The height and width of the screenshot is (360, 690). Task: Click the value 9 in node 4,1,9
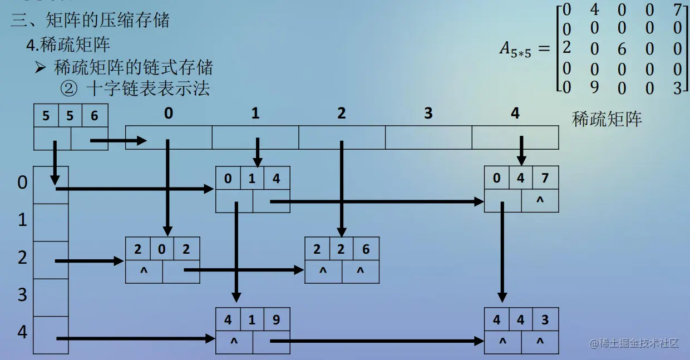pyautogui.click(x=277, y=320)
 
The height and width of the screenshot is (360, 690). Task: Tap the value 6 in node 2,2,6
pyautogui.click(x=366, y=249)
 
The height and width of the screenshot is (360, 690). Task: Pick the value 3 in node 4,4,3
pyautogui.click(x=545, y=320)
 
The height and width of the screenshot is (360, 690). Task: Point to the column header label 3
pyautogui.click(x=428, y=114)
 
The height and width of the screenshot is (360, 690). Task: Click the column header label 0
pyautogui.click(x=169, y=114)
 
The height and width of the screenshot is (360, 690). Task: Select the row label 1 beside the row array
pyautogui.click(x=22, y=220)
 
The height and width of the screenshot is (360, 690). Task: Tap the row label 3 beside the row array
pyautogui.click(x=22, y=294)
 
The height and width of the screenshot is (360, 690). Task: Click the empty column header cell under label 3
pyautogui.click(x=428, y=137)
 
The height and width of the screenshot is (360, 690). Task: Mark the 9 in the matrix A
pyautogui.click(x=594, y=88)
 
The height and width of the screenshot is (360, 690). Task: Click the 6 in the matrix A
pyautogui.click(x=621, y=50)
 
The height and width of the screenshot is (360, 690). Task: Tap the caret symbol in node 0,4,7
pyautogui.click(x=539, y=200)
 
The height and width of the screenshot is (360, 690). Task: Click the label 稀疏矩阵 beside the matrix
pyautogui.click(x=607, y=119)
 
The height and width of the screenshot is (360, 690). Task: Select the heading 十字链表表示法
pyautogui.click(x=147, y=88)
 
